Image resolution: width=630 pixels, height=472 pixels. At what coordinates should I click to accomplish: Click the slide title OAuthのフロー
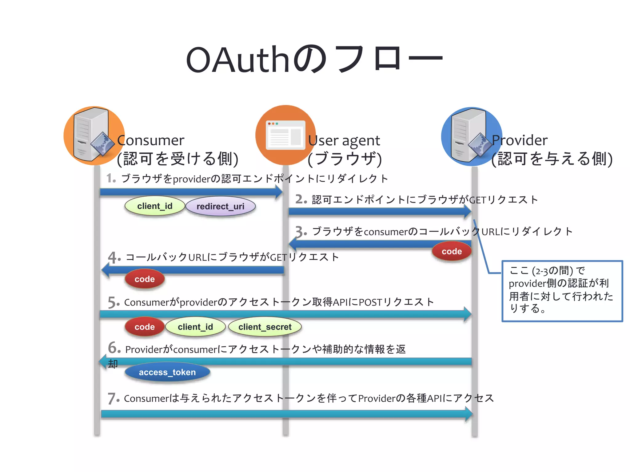[314, 59]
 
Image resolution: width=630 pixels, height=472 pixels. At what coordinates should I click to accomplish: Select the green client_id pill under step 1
[155, 206]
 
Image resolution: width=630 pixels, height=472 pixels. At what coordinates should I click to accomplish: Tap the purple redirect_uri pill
[220, 206]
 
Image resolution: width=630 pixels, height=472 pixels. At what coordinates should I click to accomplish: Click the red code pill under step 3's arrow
[452, 251]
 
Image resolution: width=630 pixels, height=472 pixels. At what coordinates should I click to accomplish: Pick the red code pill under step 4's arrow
[145, 279]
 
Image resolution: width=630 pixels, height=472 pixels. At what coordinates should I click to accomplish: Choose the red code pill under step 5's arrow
[145, 327]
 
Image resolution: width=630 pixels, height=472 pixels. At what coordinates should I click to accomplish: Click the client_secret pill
[265, 327]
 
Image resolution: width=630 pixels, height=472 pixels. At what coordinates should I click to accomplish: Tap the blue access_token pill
[167, 372]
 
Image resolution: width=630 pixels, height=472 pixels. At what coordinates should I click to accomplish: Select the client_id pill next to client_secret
[195, 327]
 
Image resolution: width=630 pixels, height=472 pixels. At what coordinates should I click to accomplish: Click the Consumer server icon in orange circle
[92, 135]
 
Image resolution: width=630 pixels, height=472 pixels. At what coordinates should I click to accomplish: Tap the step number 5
[113, 302]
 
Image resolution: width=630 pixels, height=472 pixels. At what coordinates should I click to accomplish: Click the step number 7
[113, 398]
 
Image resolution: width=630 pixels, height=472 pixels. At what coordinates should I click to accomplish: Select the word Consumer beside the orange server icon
[151, 140]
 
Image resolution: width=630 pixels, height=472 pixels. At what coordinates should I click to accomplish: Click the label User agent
[344, 141]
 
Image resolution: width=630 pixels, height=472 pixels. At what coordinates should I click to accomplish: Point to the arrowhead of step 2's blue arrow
[467, 211]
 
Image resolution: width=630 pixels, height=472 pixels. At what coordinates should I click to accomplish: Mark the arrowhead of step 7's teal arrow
[469, 414]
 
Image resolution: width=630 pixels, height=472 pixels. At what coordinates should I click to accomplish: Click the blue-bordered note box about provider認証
[562, 291]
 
